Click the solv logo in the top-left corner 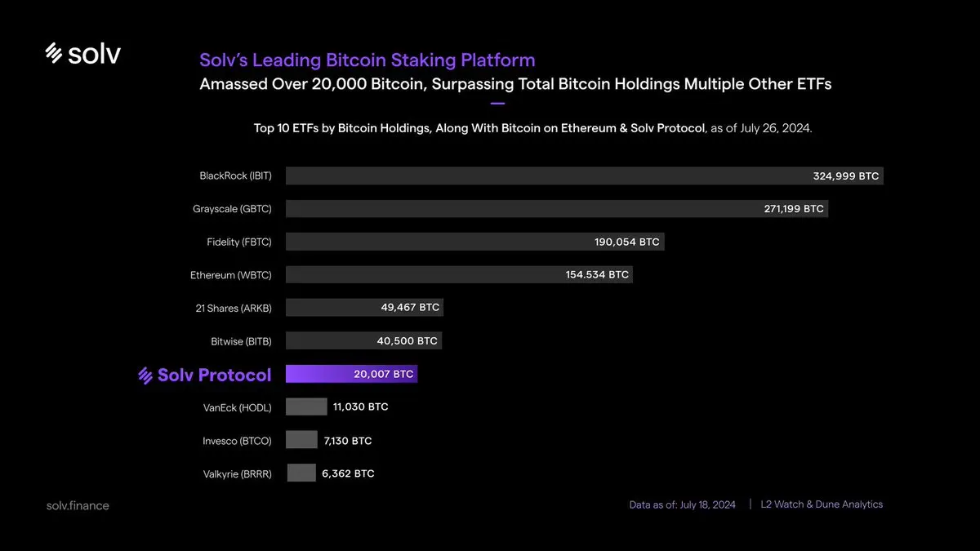tap(82, 54)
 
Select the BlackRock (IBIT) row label tap(235, 176)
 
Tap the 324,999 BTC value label tap(846, 176)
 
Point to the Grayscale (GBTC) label tap(232, 209)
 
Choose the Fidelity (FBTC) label tap(238, 242)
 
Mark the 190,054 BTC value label tap(626, 242)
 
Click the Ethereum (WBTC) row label tap(230, 275)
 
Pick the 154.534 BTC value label tap(597, 275)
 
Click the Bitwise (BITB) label tap(241, 341)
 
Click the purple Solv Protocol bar tap(351, 375)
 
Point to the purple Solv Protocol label tap(204, 375)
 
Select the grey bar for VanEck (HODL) tap(306, 407)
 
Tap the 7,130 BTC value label tap(347, 441)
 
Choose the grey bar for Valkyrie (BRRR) tap(301, 473)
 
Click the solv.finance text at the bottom tap(78, 505)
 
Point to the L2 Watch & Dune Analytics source tap(822, 504)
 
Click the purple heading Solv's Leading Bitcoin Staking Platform tap(367, 60)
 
